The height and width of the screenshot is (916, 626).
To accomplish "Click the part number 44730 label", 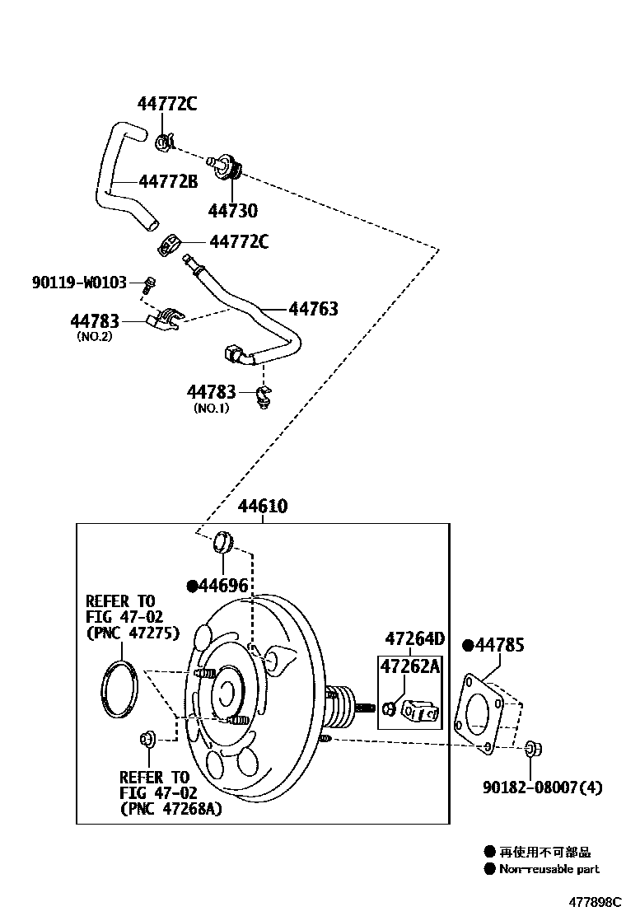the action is tap(232, 210).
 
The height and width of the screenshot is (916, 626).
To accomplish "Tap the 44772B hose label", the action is tap(168, 181).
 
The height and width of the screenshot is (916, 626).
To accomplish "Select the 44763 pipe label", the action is tap(314, 308).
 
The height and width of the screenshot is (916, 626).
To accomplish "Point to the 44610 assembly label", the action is tap(262, 506).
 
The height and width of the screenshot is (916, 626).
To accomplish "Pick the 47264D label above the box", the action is tap(414, 638).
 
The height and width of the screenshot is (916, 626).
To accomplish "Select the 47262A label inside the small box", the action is tap(409, 666).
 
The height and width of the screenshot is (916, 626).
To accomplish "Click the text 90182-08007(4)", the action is tap(542, 787).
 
